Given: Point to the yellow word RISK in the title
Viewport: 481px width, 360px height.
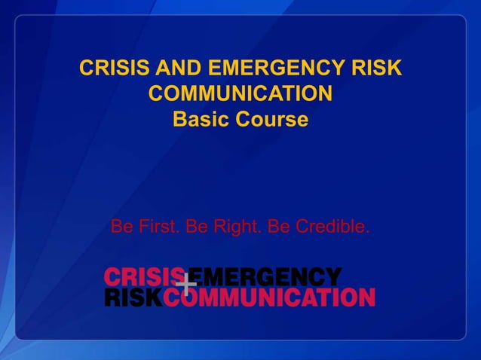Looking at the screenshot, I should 375,69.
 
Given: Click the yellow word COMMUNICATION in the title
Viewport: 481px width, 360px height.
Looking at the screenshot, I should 240,95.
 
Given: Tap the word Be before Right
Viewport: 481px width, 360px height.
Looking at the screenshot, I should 196,226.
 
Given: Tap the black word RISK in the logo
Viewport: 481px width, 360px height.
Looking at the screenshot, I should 133,297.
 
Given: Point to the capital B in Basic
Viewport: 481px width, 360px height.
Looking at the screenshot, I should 180,120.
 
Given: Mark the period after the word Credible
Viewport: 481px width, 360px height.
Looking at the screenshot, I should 368,230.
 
